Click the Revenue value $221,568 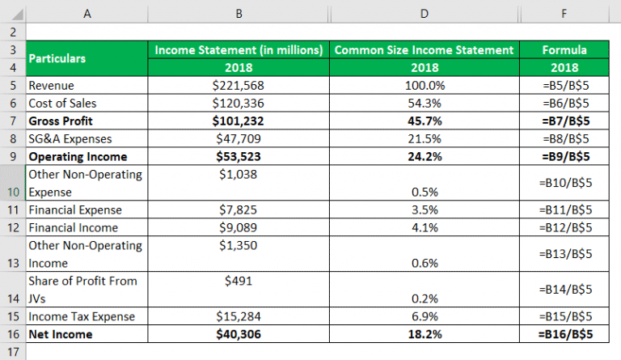pyautogui.click(x=238, y=85)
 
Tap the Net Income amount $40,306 pyautogui.click(x=238, y=333)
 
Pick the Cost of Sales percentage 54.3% pyautogui.click(x=425, y=103)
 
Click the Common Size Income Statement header pyautogui.click(x=425, y=50)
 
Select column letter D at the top pyautogui.click(x=425, y=13)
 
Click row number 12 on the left pyautogui.click(x=12, y=227)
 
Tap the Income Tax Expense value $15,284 pyautogui.click(x=238, y=316)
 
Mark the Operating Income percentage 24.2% pyautogui.click(x=425, y=156)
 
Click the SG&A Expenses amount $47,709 pyautogui.click(x=238, y=138)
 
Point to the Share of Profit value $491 pyautogui.click(x=238, y=281)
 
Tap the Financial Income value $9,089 pyautogui.click(x=238, y=227)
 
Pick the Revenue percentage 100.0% pyautogui.click(x=425, y=85)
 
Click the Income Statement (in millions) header pyautogui.click(x=238, y=50)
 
